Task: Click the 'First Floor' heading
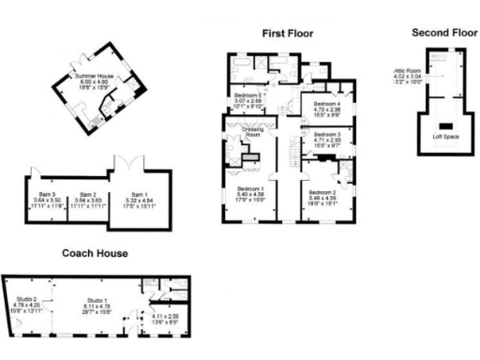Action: pos(286,33)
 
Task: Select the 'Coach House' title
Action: pos(95,253)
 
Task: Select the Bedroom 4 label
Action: pos(327,103)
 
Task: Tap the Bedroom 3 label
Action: pos(327,135)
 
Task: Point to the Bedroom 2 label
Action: pos(322,189)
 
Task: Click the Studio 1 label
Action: pos(92,298)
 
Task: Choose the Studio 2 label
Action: pos(28,299)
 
